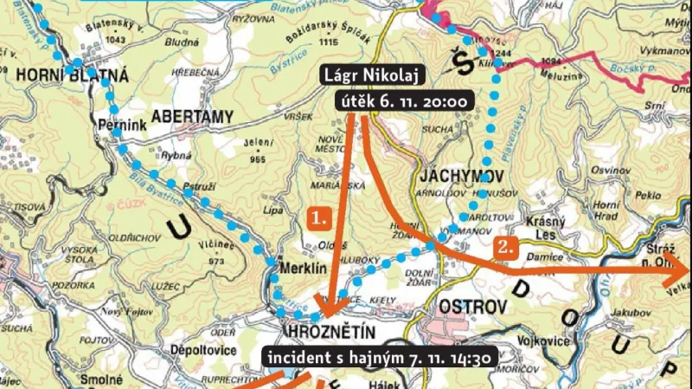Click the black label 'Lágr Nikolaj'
370,75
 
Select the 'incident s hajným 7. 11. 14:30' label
379,358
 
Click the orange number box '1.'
319,217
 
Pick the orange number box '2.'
506,247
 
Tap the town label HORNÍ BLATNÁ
70,75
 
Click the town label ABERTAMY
192,114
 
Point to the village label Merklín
302,269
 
